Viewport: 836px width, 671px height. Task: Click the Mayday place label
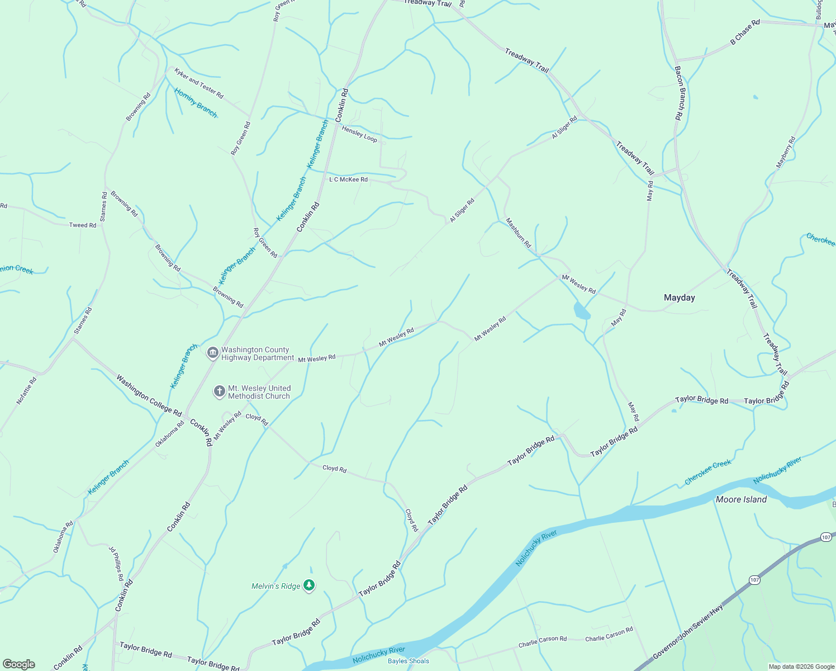(x=679, y=297)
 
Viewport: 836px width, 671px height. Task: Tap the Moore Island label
(x=741, y=499)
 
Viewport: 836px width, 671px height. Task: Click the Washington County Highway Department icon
(x=212, y=353)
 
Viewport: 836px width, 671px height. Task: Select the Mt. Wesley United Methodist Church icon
(x=220, y=392)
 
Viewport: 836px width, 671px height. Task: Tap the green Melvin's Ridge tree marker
(x=309, y=585)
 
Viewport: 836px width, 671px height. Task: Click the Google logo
(x=18, y=664)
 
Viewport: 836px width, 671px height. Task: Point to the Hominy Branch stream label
(x=196, y=102)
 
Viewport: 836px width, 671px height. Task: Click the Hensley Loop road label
(x=359, y=134)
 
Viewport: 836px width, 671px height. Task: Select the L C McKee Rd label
(x=348, y=179)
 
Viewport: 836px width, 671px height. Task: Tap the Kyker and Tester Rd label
(x=198, y=83)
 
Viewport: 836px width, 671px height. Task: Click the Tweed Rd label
(x=83, y=225)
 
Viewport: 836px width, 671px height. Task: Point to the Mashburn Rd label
(x=518, y=233)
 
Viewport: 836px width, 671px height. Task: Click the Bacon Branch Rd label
(x=678, y=93)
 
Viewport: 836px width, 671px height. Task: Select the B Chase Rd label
(x=745, y=32)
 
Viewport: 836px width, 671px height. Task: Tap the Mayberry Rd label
(x=785, y=152)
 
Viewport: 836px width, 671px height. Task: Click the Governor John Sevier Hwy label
(x=688, y=631)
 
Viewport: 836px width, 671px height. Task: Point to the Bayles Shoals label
(x=408, y=661)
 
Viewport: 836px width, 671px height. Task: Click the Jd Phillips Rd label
(x=116, y=564)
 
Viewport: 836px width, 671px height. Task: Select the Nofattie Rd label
(x=26, y=390)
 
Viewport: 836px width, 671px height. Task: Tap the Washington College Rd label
(x=149, y=395)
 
